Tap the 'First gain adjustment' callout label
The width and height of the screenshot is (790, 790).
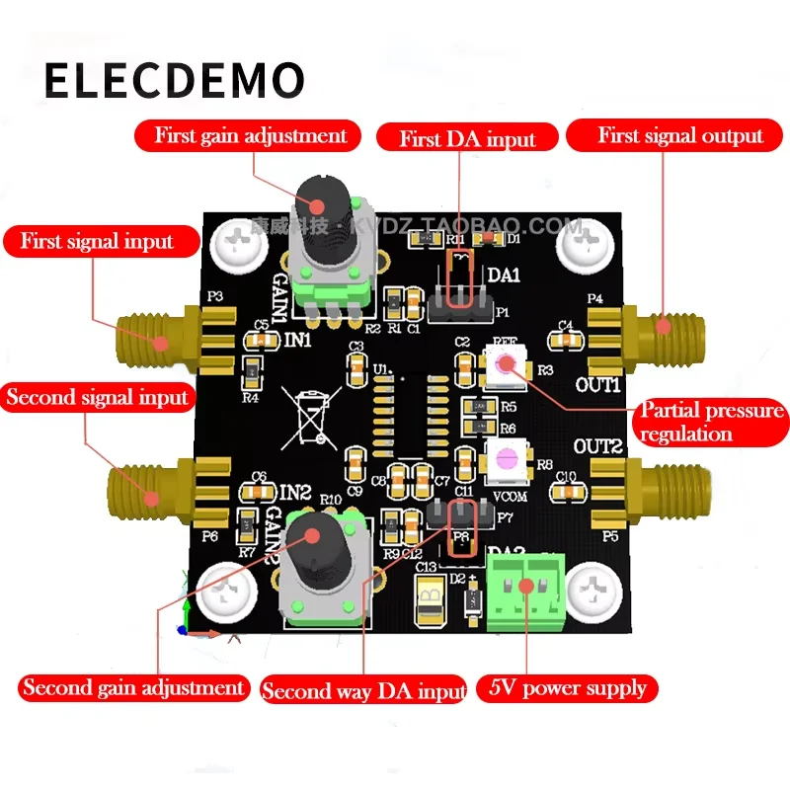251,135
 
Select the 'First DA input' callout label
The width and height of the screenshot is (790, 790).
467,139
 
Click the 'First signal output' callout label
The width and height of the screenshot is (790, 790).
680,136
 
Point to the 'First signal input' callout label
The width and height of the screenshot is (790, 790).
97,241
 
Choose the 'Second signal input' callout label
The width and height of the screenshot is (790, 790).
97,398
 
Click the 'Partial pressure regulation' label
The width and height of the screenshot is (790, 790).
711,422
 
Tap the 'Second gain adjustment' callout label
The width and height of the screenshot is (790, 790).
133,687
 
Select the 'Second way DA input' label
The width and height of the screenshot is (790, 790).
362,690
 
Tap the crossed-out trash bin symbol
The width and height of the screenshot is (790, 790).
305,415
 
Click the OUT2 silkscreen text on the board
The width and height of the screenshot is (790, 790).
596,447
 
